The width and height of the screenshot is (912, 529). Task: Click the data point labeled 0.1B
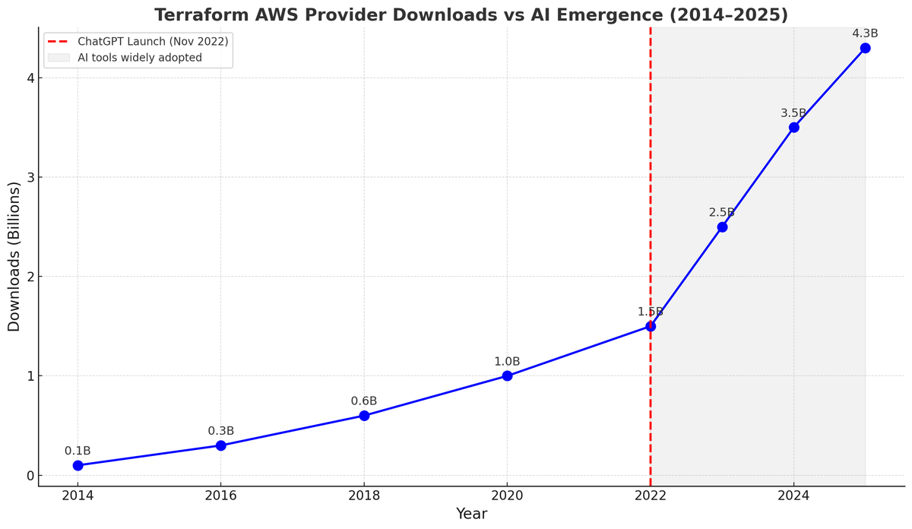(78, 465)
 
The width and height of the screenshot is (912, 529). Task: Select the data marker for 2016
(220, 445)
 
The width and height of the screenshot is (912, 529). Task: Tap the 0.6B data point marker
(364, 416)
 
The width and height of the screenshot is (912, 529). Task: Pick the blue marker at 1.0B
(507, 375)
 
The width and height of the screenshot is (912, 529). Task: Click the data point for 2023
(722, 226)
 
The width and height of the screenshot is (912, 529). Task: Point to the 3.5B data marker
(793, 128)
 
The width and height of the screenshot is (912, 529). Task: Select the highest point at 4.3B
(865, 48)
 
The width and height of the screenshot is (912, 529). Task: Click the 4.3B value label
(865, 33)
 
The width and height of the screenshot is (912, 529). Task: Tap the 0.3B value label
(220, 431)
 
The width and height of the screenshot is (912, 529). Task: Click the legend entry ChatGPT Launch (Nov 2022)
(152, 41)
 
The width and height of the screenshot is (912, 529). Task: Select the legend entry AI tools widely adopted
(139, 58)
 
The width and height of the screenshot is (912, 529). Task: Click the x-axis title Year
(471, 514)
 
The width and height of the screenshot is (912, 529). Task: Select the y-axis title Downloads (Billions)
(14, 256)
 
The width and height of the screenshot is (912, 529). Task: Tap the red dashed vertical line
(651, 190)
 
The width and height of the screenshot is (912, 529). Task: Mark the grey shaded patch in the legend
(59, 58)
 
